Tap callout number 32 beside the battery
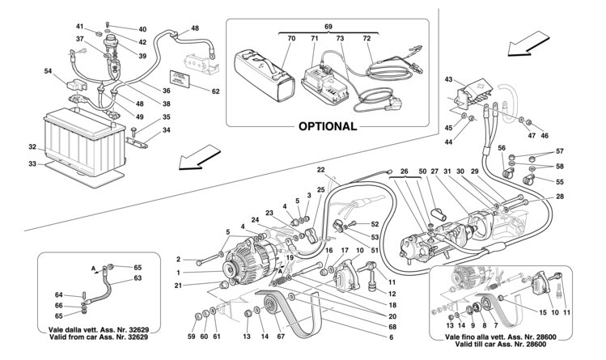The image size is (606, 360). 32,147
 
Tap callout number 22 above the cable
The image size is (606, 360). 320,170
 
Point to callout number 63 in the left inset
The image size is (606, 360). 137,277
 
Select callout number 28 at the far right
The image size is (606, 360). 562,197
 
